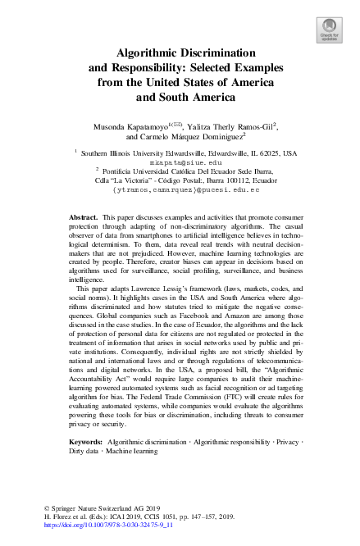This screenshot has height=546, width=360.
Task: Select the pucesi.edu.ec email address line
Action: tap(185, 189)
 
